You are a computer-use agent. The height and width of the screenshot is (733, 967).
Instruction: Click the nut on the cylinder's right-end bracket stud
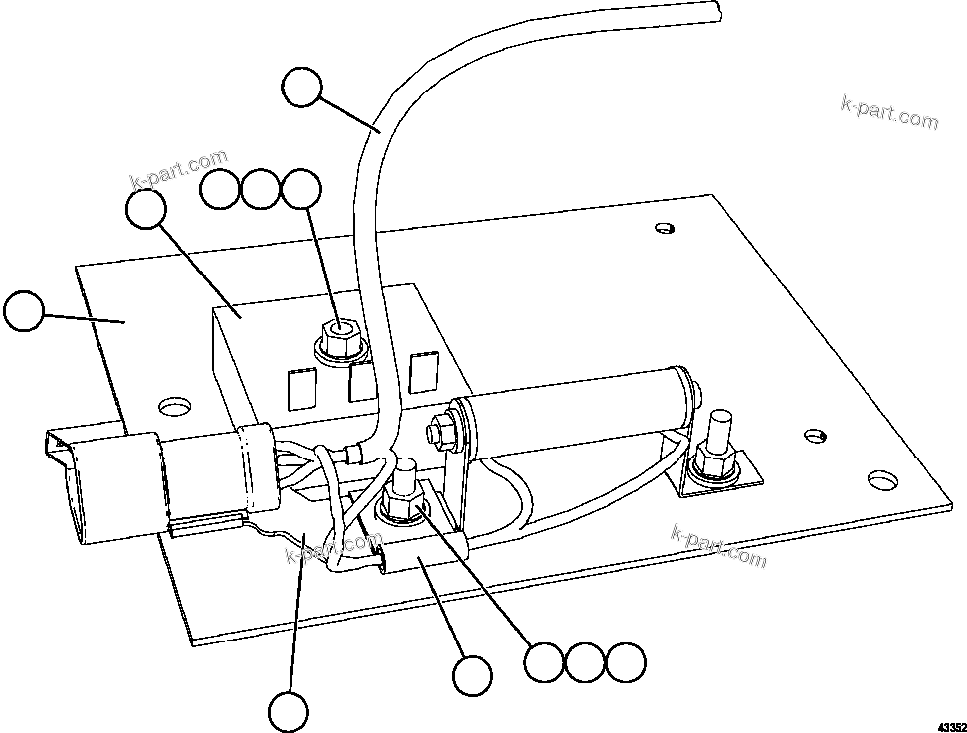714,460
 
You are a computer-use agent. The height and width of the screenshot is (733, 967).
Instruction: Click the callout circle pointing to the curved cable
301,88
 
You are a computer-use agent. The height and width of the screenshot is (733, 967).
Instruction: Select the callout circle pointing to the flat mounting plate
24,311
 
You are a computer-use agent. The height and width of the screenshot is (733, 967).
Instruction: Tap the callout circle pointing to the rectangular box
147,211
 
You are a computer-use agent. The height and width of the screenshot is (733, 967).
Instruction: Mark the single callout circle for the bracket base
472,676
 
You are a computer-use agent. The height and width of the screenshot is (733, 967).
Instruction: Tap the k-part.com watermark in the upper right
888,113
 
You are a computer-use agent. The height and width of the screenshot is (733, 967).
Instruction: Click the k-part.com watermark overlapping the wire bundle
327,548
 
